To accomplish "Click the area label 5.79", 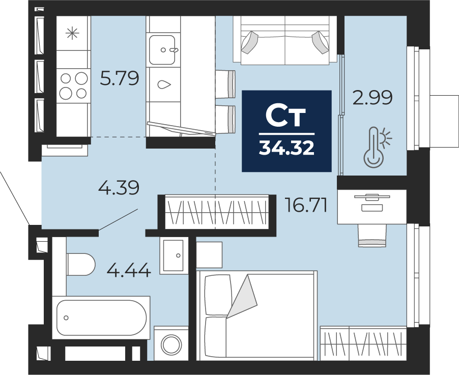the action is pyautogui.click(x=120, y=78).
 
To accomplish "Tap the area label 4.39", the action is pyautogui.click(x=119, y=188).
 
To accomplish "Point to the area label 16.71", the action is pyautogui.click(x=306, y=205).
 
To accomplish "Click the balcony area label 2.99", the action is pyautogui.click(x=372, y=98).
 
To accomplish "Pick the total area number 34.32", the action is pyautogui.click(x=286, y=148).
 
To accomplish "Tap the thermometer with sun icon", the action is pyautogui.click(x=377, y=147).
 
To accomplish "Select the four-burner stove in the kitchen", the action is pyautogui.click(x=73, y=85).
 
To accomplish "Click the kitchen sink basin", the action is pyautogui.click(x=162, y=50).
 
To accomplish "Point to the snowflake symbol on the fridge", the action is pyautogui.click(x=72, y=33).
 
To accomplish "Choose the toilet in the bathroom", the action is pyautogui.click(x=80, y=265).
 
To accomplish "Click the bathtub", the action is pyautogui.click(x=101, y=318).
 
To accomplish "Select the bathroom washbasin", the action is pyautogui.click(x=174, y=255).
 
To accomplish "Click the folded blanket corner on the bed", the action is pyautogui.click(x=242, y=296).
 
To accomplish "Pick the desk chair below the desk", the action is pyautogui.click(x=372, y=236).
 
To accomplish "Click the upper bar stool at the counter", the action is pyautogui.click(x=225, y=84).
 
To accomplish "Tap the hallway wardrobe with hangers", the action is pyautogui.click(x=217, y=212).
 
